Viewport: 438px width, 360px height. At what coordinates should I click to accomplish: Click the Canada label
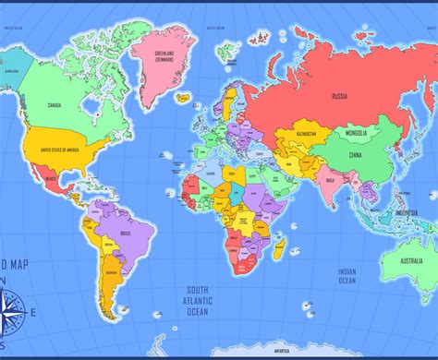(55, 104)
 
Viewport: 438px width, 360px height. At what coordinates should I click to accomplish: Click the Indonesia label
(408, 212)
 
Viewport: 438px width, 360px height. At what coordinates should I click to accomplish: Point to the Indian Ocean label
(347, 276)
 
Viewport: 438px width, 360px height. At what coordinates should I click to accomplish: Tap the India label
(330, 181)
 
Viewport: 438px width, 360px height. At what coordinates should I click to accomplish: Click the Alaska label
(14, 68)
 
